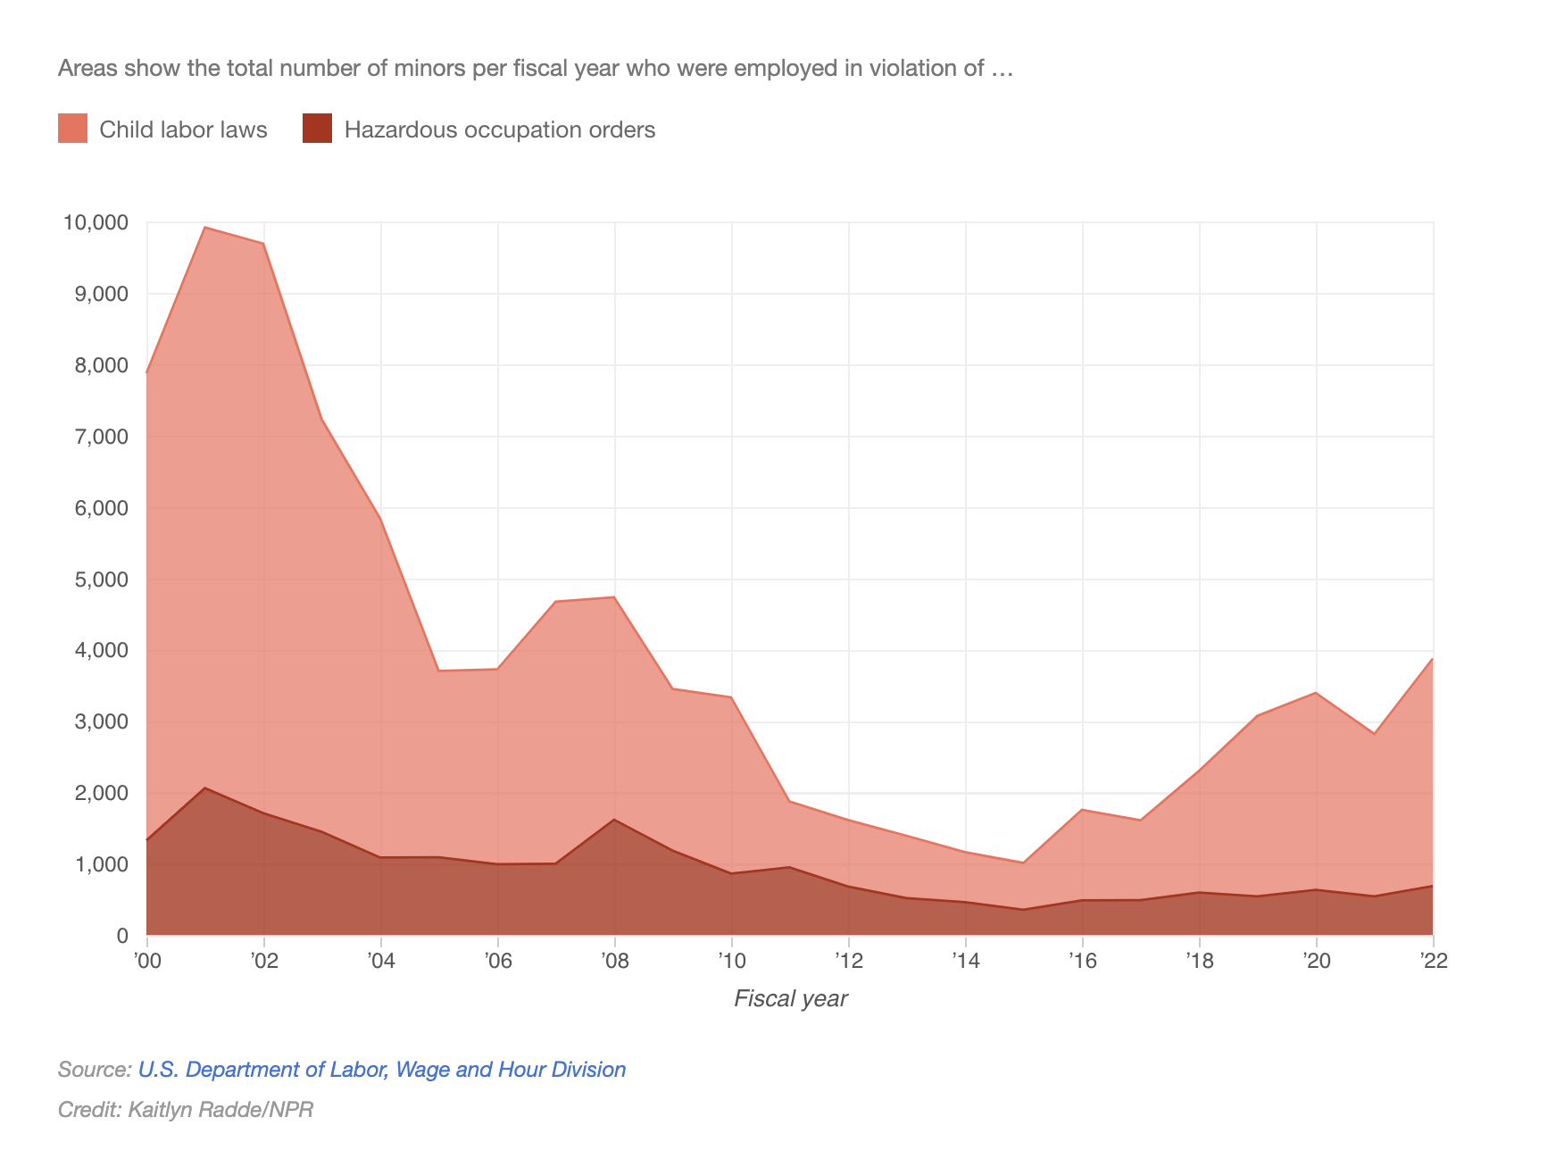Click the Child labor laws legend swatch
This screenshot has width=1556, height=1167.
click(72, 129)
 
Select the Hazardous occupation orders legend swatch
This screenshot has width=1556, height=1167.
click(317, 129)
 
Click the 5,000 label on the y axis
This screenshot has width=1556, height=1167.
click(99, 579)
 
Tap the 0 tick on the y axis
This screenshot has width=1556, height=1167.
click(122, 936)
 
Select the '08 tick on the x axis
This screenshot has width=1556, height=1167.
click(614, 961)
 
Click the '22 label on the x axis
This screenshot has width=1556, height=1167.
click(1432, 961)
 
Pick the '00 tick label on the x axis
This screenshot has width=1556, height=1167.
click(146, 961)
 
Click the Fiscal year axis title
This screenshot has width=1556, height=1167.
click(790, 998)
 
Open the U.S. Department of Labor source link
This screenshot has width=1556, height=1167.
click(381, 1070)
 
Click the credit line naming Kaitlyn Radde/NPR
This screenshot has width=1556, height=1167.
click(186, 1110)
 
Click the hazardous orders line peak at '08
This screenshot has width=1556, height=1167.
click(614, 820)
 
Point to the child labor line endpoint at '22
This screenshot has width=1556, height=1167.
click(1432, 659)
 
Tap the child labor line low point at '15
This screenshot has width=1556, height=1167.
click(1023, 863)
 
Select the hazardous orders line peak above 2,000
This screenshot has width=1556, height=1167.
click(205, 788)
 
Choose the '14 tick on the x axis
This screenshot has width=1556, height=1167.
click(965, 961)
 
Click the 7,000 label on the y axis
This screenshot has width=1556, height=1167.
click(99, 437)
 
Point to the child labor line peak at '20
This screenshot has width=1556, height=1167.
click(1316, 693)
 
